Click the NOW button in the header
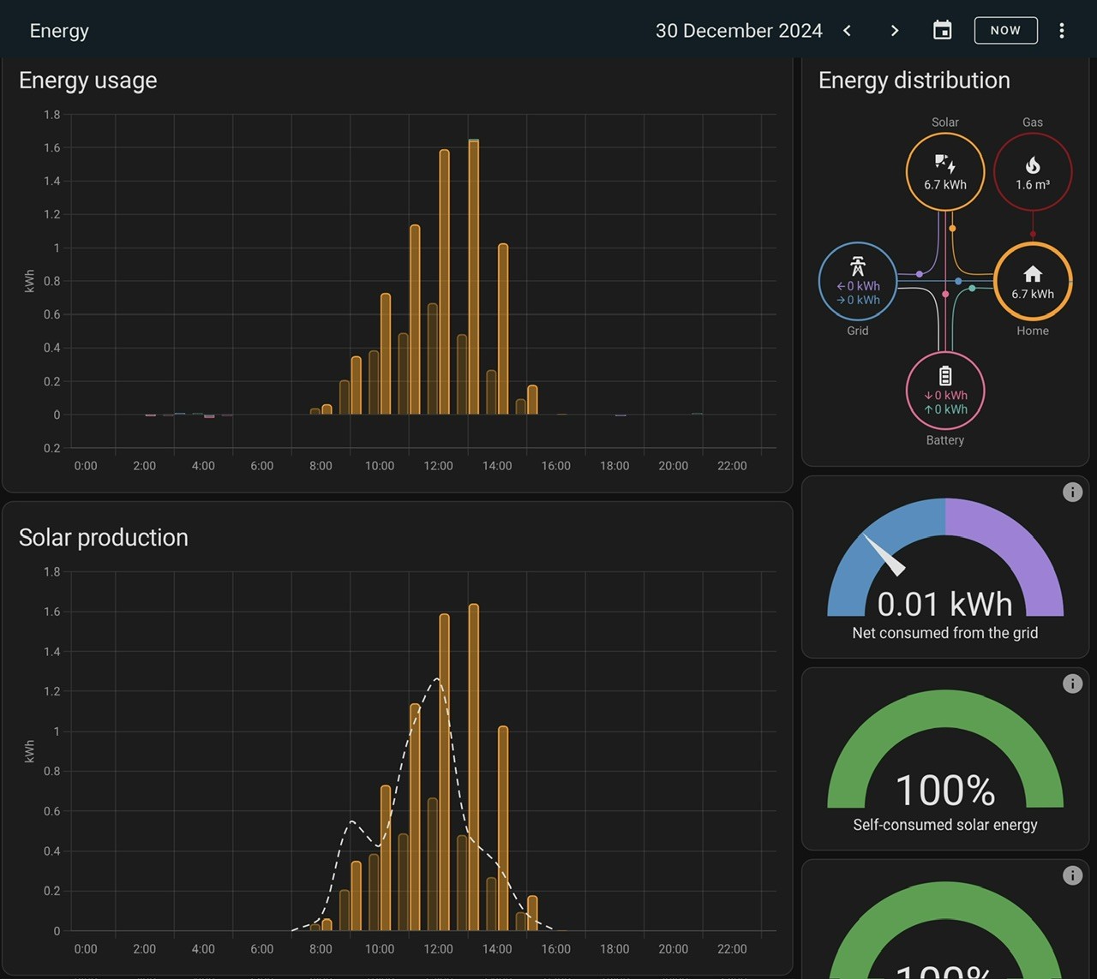1005,30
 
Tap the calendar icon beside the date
942,30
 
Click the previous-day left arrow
848,31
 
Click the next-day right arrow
895,31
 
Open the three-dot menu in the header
1061,30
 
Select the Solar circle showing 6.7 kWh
944,171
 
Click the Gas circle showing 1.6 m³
1033,171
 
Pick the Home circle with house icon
1033,282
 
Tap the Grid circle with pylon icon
858,282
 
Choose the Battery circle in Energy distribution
944,391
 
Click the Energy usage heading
87,81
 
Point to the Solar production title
104,538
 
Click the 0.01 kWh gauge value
944,604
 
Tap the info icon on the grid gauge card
1072,492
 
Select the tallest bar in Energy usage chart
473,278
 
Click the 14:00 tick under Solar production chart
497,949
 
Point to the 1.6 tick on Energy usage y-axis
52,147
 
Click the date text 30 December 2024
739,31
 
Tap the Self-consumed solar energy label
944,825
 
